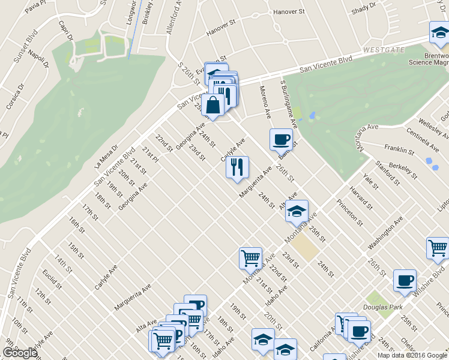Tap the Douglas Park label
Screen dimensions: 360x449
(383, 307)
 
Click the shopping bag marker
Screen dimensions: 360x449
(213, 105)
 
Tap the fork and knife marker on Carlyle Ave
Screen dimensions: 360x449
(237, 166)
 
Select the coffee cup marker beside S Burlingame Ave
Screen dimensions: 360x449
(281, 140)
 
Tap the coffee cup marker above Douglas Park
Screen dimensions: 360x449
(405, 280)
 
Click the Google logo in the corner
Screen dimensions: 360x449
(20, 353)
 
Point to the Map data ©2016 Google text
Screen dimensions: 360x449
(412, 355)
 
